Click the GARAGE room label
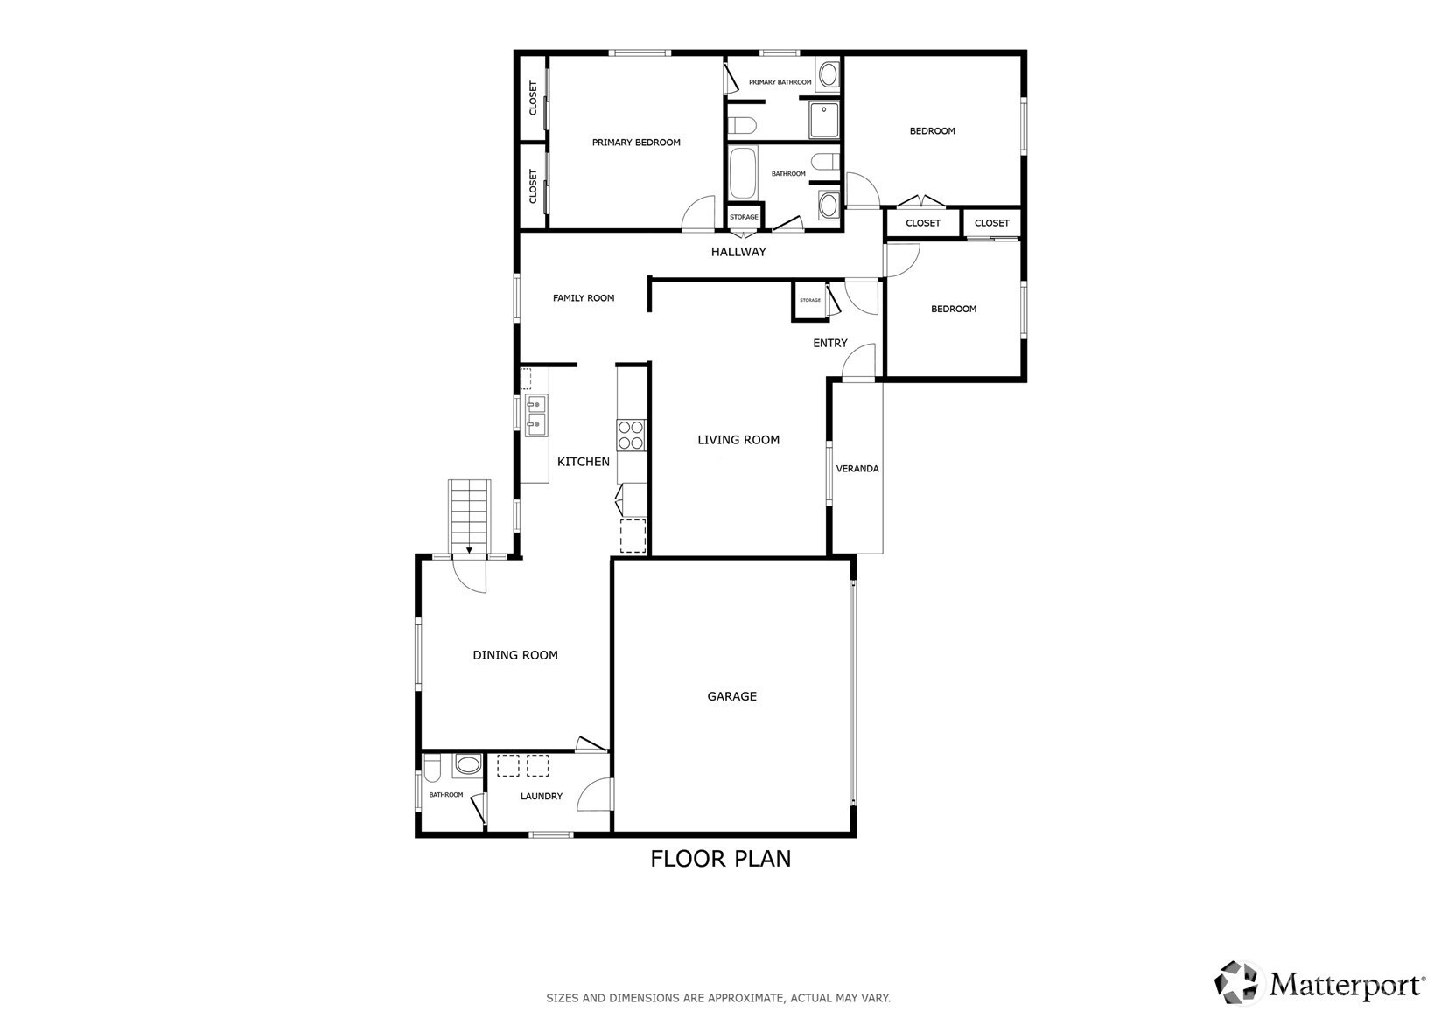731,696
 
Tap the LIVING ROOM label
738,440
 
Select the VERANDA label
857,469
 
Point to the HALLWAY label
738,252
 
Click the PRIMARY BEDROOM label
636,143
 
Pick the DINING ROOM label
515,655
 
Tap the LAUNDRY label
541,796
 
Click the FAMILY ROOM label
584,297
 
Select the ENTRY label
829,344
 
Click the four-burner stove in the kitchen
631,435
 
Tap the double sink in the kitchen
535,415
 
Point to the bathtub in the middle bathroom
742,173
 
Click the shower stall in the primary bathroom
824,120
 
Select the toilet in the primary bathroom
742,125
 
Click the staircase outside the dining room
470,516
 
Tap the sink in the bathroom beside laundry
467,765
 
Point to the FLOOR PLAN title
721,859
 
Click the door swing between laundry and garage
594,795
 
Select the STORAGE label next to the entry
810,300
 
